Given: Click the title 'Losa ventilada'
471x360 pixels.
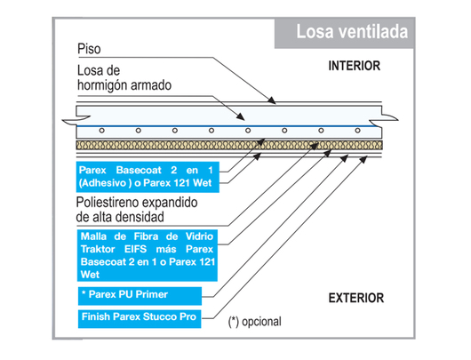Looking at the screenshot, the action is click(x=352, y=32).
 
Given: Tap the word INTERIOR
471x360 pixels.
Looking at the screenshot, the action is click(x=355, y=66).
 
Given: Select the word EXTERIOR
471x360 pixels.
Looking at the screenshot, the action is click(x=356, y=298).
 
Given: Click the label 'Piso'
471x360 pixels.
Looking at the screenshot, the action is click(x=89, y=49).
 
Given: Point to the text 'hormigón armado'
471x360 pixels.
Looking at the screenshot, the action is click(x=124, y=85).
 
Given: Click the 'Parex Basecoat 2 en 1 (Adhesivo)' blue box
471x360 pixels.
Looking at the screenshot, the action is click(x=148, y=177).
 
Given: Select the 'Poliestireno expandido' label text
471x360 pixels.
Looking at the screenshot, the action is click(x=137, y=203).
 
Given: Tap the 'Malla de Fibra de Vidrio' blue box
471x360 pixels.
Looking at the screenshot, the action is click(x=148, y=255).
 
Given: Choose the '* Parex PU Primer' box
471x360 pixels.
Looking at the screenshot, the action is click(x=140, y=296).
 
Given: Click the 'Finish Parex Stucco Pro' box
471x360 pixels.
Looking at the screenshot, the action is click(x=140, y=318).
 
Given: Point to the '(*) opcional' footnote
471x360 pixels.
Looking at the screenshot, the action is click(x=255, y=322).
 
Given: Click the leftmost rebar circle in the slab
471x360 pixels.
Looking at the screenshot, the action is click(x=102, y=131).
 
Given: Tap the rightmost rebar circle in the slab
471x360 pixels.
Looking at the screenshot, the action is click(x=357, y=131).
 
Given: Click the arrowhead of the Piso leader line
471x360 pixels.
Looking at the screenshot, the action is click(x=272, y=100).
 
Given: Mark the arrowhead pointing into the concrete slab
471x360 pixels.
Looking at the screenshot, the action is click(x=240, y=116).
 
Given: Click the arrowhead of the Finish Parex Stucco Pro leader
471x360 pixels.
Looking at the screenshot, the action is click(x=363, y=159).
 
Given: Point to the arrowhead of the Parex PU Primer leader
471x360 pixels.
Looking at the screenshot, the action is click(x=344, y=158).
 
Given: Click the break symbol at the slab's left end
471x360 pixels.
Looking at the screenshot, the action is click(x=76, y=120).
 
